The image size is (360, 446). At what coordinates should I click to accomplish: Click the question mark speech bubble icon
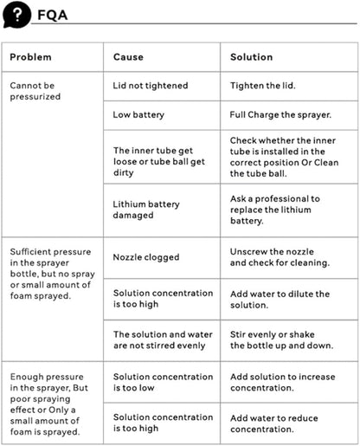tap(16, 15)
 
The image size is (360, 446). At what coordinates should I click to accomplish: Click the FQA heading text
tap(53, 16)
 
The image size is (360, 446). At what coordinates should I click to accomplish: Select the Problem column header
tap(30, 57)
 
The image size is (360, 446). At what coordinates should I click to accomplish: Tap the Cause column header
tap(128, 57)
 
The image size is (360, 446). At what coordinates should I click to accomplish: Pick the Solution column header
tap(251, 57)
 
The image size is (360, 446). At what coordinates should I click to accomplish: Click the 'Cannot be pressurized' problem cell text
tap(35, 91)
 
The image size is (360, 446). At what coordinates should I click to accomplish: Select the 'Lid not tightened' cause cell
tap(151, 86)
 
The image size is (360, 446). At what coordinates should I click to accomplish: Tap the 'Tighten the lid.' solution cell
tap(262, 86)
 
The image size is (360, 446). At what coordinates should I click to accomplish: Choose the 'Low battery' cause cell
tap(138, 115)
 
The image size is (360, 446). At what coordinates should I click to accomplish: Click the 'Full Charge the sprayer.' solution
tap(280, 115)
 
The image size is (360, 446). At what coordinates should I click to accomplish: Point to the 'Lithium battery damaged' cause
tap(146, 210)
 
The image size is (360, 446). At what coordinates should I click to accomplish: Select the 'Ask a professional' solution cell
tap(275, 210)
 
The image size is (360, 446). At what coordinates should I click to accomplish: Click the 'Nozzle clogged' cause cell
tap(146, 257)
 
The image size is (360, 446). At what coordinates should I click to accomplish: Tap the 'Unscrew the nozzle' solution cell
tap(280, 257)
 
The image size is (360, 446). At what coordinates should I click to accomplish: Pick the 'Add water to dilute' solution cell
tap(280, 300)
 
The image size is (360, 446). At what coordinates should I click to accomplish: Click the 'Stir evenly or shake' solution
tap(281, 340)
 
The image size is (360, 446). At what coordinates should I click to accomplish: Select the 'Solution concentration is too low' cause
tap(164, 382)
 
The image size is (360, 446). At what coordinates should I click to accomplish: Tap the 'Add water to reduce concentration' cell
tap(274, 423)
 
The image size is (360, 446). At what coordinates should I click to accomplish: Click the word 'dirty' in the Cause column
tap(123, 172)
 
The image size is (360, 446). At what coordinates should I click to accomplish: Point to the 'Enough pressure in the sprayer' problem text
tap(49, 404)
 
